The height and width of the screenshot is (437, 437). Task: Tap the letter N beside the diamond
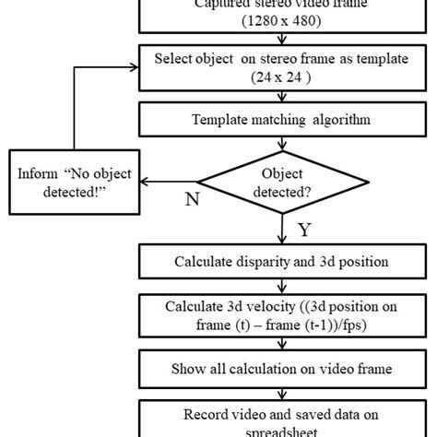tap(192, 199)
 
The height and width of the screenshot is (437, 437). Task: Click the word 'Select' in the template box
tap(176, 61)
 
